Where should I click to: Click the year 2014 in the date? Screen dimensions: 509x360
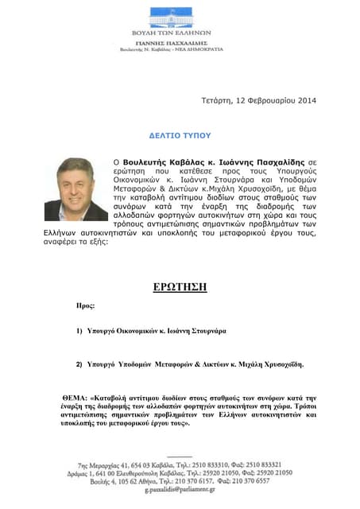(x=303, y=100)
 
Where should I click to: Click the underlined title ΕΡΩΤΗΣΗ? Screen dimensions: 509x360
(x=180, y=287)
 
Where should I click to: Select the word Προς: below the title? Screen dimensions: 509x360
(x=84, y=305)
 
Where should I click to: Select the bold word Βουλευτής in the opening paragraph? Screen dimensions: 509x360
(x=156, y=160)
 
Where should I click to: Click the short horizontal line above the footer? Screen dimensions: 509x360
(x=179, y=455)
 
